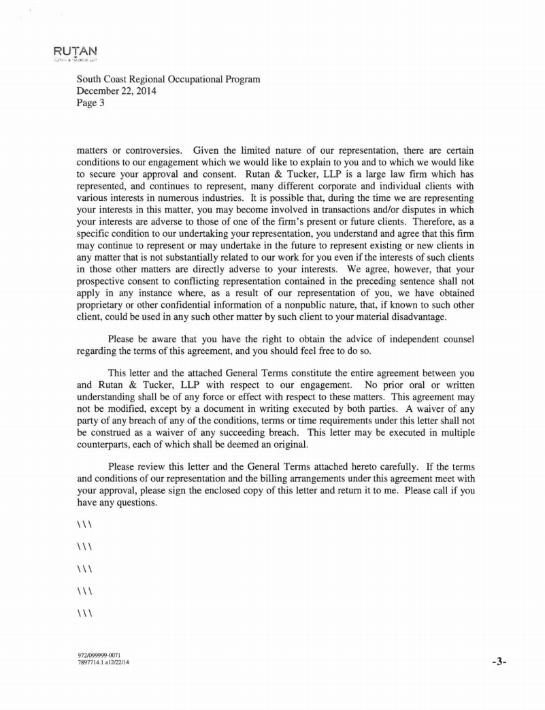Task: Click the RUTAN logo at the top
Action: (76, 51)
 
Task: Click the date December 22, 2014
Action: (116, 91)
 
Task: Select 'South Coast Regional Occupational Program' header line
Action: (168, 80)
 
